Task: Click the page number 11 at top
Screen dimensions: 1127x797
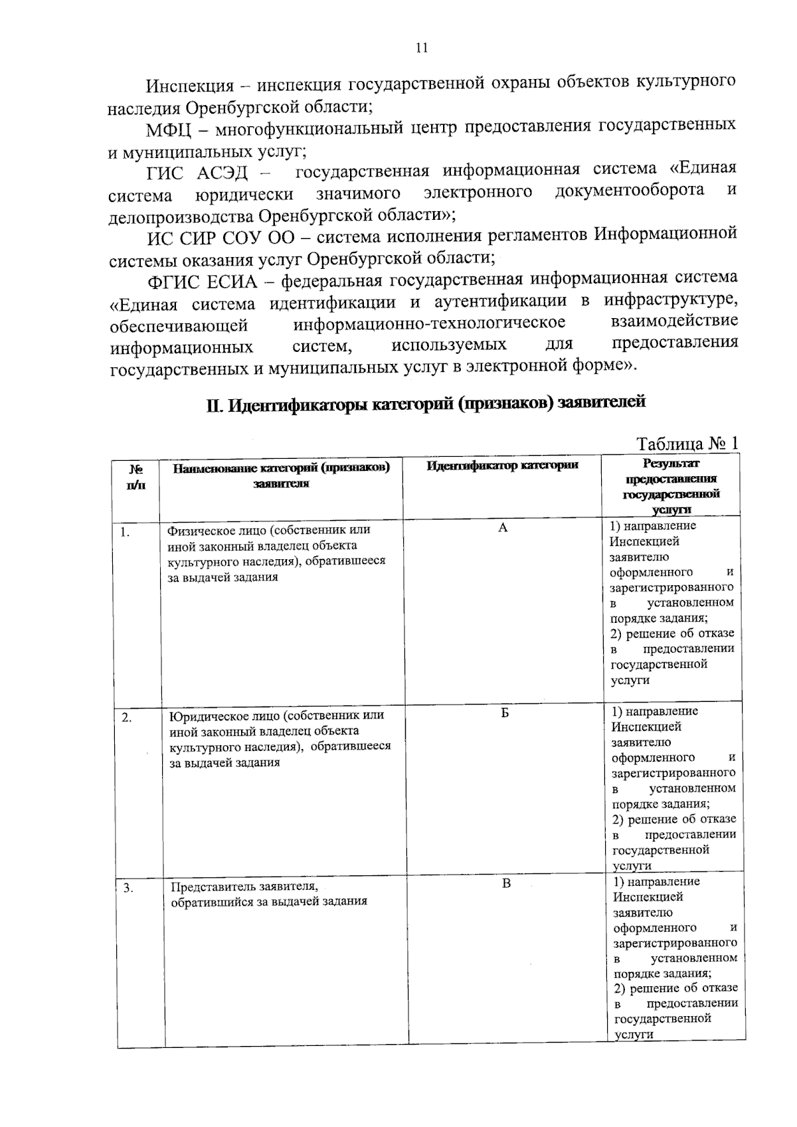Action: pos(421,47)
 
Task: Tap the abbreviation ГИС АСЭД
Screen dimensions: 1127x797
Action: pos(197,173)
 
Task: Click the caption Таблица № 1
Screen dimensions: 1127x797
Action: pos(687,443)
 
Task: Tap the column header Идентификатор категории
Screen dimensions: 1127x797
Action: pos(502,466)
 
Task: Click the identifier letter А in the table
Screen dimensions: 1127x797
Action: pos(503,528)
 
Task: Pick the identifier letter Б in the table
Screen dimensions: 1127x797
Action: pos(504,713)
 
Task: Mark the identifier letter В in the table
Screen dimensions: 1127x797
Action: pos(506,883)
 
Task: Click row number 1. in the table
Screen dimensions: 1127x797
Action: pos(125,531)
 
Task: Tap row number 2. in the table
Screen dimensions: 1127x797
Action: pos(127,718)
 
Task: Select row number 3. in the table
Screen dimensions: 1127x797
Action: pos(128,889)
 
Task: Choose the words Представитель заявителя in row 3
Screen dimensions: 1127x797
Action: pos(243,887)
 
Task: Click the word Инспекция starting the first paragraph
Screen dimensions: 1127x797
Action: pos(190,86)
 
